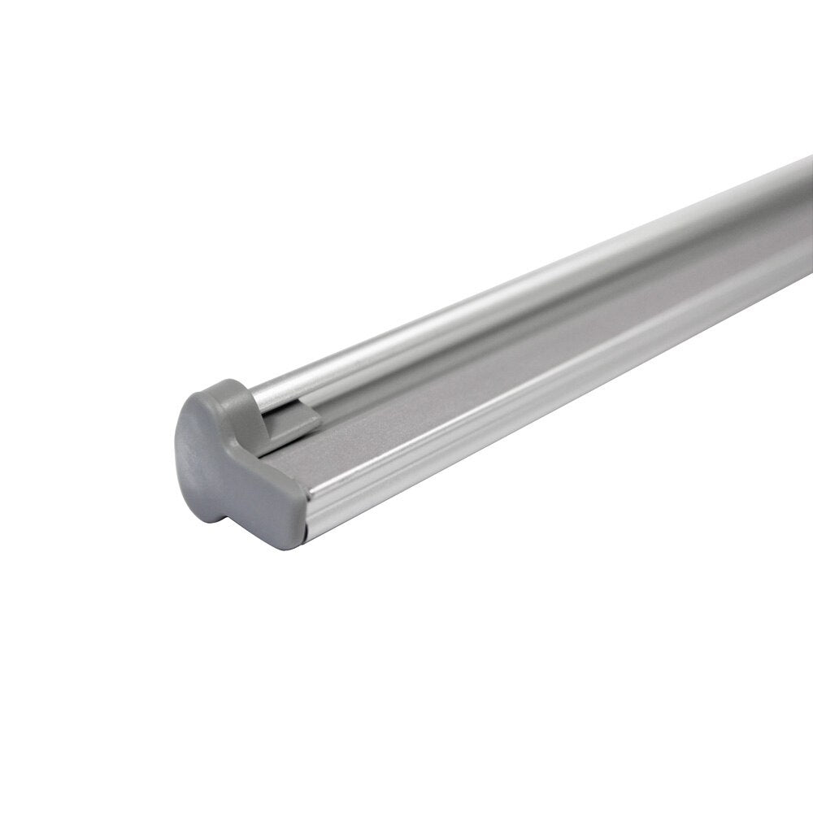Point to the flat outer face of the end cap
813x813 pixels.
203,455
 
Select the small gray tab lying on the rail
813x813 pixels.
293,423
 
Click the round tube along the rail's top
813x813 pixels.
488,301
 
